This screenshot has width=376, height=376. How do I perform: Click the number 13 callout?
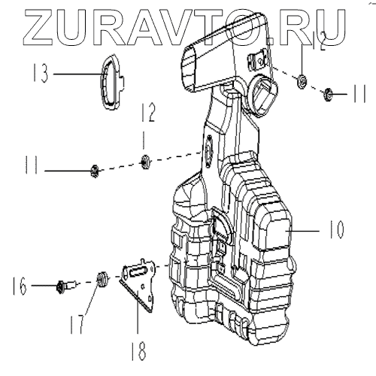coord(41,73)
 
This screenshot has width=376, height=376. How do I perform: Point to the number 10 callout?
coord(336,229)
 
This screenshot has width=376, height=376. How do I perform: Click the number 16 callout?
coord(20,286)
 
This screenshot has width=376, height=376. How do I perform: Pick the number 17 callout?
coord(77,324)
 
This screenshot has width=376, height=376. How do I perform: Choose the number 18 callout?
coord(138,351)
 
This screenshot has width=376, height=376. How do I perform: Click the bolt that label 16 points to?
coord(65,286)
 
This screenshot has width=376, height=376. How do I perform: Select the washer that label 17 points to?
coord(102,279)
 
